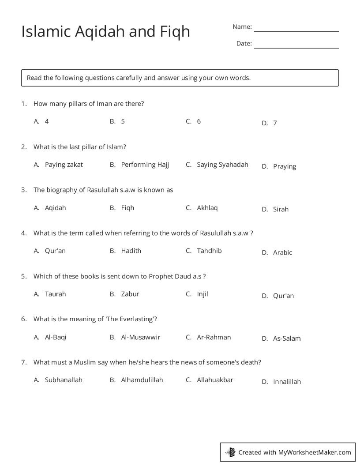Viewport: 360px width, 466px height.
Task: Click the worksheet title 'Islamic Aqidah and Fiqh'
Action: point(105,31)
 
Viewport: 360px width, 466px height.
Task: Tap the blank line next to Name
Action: point(296,28)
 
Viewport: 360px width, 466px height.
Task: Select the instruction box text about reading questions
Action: point(139,78)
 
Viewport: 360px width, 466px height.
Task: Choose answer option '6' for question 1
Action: point(199,121)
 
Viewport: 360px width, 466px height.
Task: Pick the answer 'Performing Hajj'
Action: point(145,165)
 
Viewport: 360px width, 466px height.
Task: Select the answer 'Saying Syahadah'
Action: point(222,165)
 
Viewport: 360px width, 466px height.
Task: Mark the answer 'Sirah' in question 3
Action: point(281,210)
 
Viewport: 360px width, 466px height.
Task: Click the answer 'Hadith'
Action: point(131,251)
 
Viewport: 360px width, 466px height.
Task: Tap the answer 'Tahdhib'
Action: point(209,251)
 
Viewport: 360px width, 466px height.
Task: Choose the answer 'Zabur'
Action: point(130,294)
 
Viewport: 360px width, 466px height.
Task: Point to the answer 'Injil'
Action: point(202,294)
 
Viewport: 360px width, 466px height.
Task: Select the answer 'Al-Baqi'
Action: point(56,337)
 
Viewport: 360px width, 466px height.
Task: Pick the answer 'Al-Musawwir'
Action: point(140,337)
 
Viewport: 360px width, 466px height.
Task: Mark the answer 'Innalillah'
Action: point(287,382)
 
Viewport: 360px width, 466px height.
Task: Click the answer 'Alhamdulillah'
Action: point(142,380)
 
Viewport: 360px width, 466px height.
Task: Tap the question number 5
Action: point(24,276)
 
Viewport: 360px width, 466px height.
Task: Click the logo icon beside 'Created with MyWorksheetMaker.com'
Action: point(230,452)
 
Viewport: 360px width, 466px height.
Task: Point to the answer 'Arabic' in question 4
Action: point(282,253)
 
